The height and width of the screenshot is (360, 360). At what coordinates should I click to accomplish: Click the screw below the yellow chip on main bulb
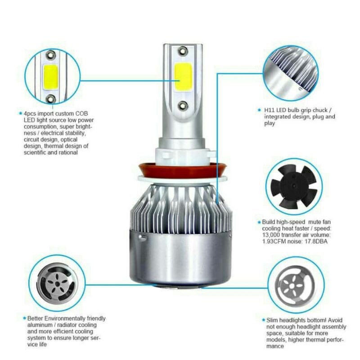click(x=183, y=105)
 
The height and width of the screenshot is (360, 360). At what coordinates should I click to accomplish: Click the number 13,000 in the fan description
click(x=273, y=235)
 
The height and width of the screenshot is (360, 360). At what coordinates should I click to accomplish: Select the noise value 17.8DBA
click(x=323, y=241)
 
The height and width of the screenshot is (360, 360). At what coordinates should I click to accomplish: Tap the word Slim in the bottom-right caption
click(x=268, y=319)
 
